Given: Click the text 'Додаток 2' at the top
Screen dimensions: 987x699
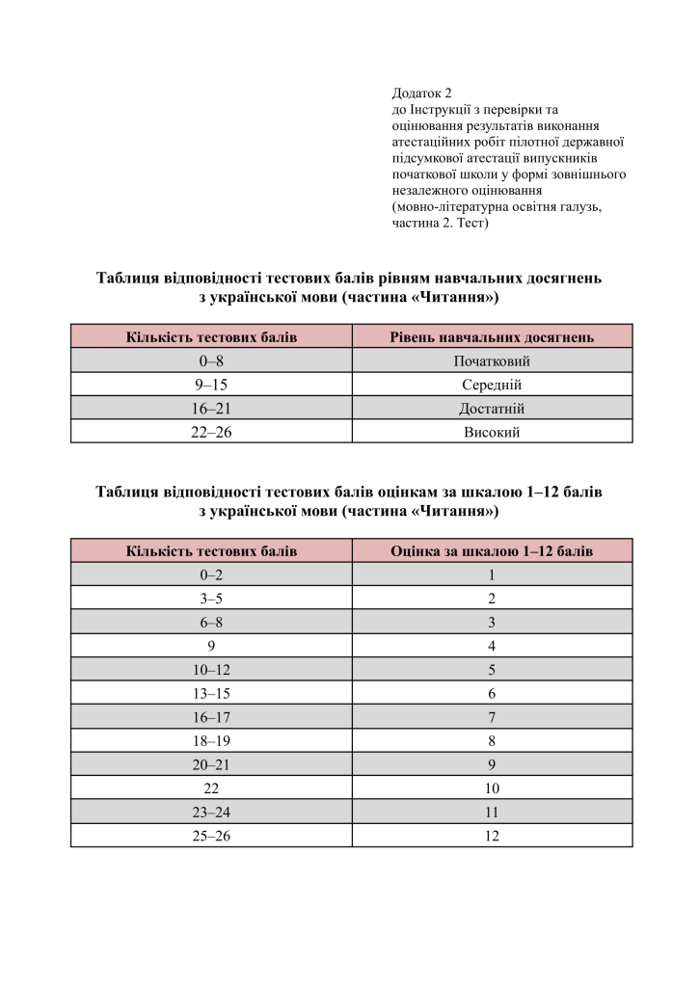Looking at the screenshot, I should [x=421, y=93].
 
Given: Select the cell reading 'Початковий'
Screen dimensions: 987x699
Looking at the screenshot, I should [x=492, y=361].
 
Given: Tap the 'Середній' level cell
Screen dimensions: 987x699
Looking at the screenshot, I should [x=492, y=385].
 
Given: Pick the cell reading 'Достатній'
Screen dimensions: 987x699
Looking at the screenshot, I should [x=492, y=409].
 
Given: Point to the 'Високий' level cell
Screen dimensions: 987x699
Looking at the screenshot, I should [x=492, y=432].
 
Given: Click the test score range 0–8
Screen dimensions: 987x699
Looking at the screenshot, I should [x=211, y=361].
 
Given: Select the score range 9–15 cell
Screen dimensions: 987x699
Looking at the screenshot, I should [x=211, y=385].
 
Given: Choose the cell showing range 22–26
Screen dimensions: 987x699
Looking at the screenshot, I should [x=211, y=432].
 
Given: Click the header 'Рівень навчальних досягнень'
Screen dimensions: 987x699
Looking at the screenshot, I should [x=492, y=336].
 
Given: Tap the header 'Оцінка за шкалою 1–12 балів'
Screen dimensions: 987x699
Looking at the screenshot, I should [x=492, y=551].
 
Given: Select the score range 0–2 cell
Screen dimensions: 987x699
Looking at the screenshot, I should [x=211, y=575].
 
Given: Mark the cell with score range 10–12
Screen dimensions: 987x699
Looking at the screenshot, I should [x=211, y=670].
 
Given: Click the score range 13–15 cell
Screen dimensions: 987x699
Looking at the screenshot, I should [x=211, y=693].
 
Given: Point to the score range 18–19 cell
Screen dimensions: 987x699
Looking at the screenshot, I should [x=211, y=741].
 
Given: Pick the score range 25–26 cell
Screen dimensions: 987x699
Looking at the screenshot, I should [x=211, y=836].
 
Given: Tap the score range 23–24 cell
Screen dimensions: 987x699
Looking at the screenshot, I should [x=211, y=812].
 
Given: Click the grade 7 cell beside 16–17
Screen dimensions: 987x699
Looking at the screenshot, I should [x=492, y=717].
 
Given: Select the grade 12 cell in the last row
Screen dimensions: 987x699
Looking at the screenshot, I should [x=492, y=836].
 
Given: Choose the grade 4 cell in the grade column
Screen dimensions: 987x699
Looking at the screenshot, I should [x=492, y=646].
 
